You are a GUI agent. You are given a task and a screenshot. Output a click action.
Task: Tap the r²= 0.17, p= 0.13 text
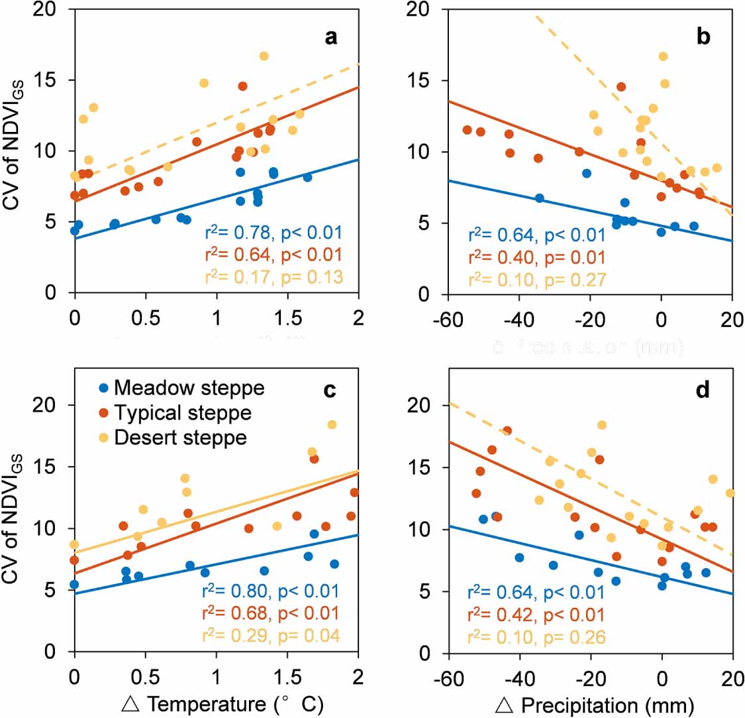[x=273, y=278]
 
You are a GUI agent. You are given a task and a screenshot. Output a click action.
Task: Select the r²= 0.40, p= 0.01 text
[x=536, y=257]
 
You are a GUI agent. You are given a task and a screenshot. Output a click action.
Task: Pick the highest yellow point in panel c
[x=332, y=425]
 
